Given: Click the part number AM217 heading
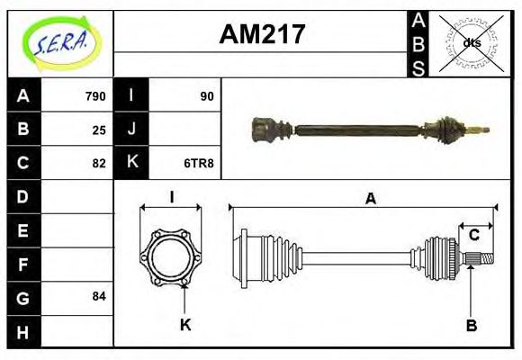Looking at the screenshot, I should tap(261, 35).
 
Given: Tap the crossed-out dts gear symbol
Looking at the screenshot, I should tap(471, 42).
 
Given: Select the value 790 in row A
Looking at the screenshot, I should tap(94, 96).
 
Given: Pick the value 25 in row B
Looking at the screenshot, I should tap(99, 130).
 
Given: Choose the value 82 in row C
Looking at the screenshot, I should tap(99, 163).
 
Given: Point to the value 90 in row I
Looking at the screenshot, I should tap(207, 96).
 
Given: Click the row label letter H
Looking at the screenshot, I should tap(23, 331).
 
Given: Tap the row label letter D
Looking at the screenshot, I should tap(23, 196).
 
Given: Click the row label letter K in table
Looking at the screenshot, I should tap(132, 163).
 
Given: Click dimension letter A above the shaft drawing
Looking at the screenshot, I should tap(370, 199).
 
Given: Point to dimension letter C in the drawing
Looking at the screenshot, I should tap(474, 236).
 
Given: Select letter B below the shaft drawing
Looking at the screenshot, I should tap(471, 325).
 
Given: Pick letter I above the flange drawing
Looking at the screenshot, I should tap(171, 198).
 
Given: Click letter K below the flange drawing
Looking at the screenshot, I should tap(186, 325).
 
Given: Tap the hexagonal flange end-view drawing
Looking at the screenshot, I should tap(171, 258).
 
